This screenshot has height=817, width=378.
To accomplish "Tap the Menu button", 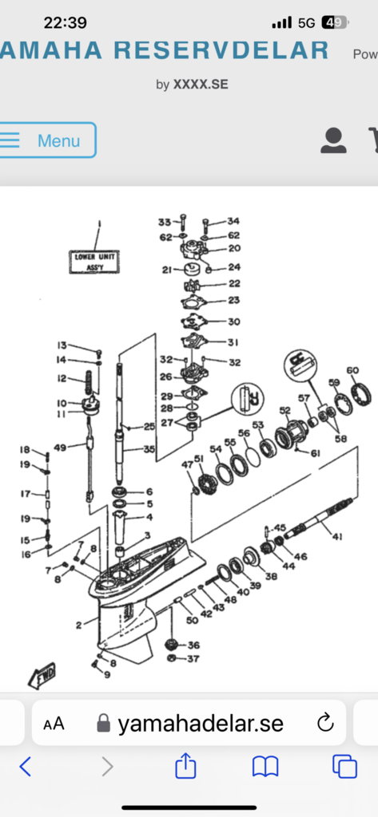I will (x=48, y=140).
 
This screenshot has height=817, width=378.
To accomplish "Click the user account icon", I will (x=333, y=140).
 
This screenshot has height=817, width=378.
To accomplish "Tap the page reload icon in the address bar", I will (x=324, y=723).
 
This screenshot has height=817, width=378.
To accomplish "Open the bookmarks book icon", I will (x=265, y=767).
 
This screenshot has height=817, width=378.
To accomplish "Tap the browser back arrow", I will (x=26, y=767).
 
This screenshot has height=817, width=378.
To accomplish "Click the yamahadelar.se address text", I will (x=200, y=723).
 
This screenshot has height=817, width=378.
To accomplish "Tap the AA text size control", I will (x=54, y=724).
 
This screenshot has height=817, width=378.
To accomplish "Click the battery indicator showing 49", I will (x=334, y=23).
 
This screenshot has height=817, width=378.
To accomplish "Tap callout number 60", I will (x=352, y=369).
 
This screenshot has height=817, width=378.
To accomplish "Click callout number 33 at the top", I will (x=164, y=221).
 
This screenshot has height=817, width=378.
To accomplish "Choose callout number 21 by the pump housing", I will (x=166, y=270).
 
